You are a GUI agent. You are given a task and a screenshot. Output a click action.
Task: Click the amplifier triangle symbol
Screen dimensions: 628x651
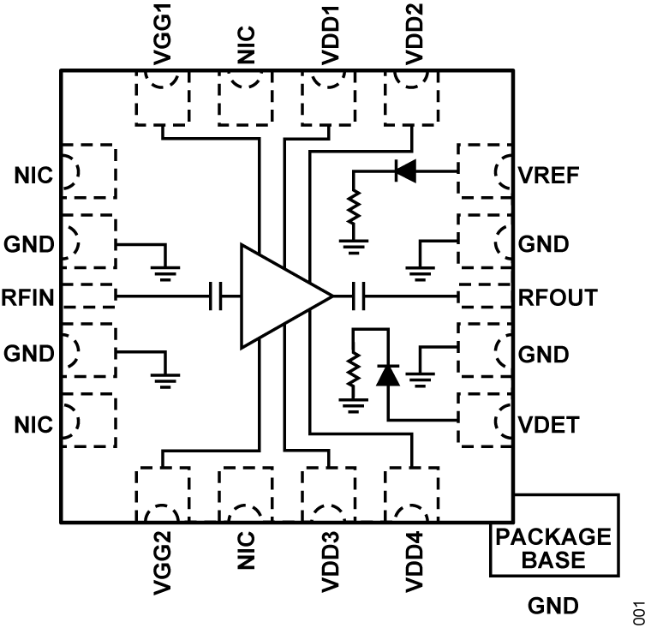[x=278, y=296]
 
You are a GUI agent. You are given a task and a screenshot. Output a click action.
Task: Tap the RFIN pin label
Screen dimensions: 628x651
[x=29, y=298]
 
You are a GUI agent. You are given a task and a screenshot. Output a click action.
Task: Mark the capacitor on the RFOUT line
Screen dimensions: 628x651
[x=361, y=297]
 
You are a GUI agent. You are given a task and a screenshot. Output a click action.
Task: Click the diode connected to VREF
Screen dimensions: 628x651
[x=405, y=171]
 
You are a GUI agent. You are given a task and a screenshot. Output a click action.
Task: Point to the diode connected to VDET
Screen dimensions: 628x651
[x=389, y=374]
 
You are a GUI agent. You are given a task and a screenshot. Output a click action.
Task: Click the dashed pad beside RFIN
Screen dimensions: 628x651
[x=89, y=296]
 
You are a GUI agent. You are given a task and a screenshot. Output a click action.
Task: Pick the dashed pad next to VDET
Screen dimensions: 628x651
[x=485, y=419]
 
